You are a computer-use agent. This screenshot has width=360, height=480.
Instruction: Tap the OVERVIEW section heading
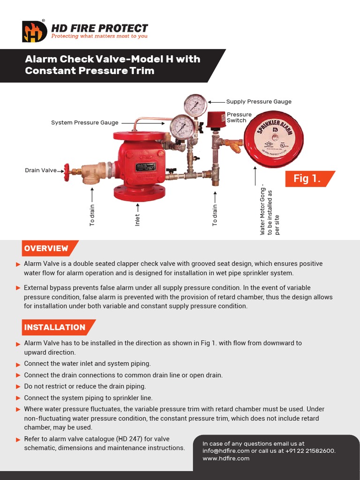(46, 248)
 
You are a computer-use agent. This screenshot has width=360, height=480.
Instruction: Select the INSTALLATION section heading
(55, 327)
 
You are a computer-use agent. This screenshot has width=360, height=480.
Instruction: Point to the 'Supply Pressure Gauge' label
(259, 101)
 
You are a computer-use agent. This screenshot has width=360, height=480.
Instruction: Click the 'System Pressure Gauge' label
(84, 123)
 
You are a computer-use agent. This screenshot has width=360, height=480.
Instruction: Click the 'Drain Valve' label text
(40, 171)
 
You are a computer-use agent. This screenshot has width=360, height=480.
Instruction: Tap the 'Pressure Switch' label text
(239, 117)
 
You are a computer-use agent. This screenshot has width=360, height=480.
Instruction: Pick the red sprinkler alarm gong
(273, 140)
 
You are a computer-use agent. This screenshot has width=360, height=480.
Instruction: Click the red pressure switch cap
(213, 120)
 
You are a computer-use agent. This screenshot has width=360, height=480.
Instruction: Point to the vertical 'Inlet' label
(137, 220)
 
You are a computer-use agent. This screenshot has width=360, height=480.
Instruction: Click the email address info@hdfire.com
(226, 451)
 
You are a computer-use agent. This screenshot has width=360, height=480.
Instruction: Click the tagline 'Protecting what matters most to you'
(99, 36)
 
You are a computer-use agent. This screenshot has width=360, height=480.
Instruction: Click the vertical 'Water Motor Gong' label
(263, 211)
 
